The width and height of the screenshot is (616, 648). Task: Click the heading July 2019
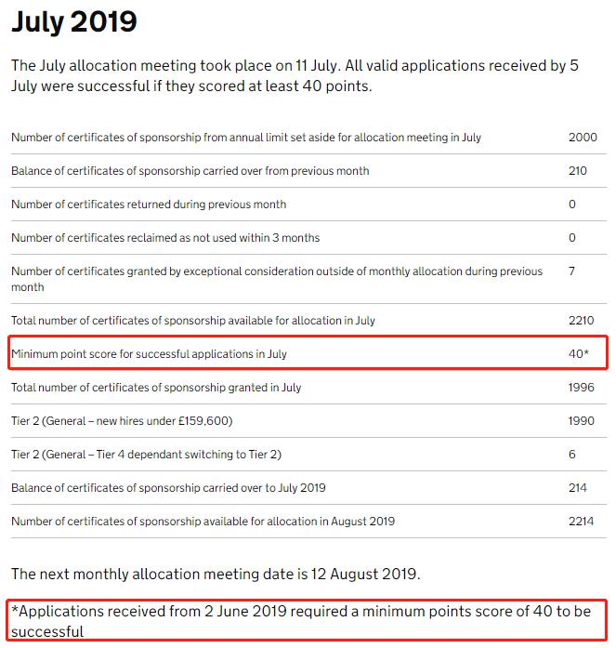pyautogui.click(x=73, y=21)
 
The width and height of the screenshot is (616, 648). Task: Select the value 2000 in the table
pyautogui.click(x=583, y=138)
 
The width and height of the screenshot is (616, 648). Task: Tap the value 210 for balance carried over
pyautogui.click(x=578, y=171)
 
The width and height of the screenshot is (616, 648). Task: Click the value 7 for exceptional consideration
pyautogui.click(x=572, y=271)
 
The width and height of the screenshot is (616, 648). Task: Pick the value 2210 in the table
pyautogui.click(x=582, y=321)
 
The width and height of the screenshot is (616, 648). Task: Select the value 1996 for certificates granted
pyautogui.click(x=582, y=388)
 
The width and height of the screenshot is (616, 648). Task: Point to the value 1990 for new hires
pyautogui.click(x=582, y=421)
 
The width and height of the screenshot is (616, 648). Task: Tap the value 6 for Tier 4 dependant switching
pyautogui.click(x=572, y=455)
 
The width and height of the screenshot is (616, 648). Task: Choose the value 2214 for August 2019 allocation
pyautogui.click(x=582, y=522)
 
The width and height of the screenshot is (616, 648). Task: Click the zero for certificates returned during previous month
pyautogui.click(x=572, y=205)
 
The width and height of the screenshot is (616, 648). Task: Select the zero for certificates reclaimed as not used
pyautogui.click(x=572, y=238)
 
